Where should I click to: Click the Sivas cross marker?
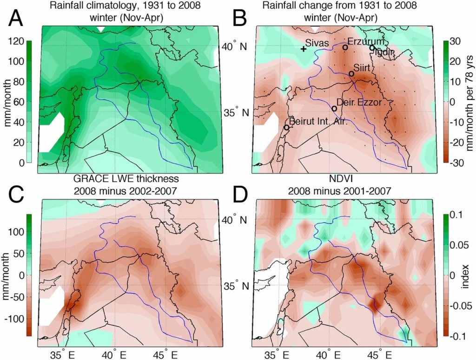[303, 49]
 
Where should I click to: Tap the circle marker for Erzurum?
[345, 47]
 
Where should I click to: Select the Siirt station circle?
[351, 74]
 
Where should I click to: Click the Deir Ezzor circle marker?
[334, 108]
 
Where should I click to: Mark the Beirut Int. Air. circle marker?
[286, 127]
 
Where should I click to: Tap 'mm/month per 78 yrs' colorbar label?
[469, 102]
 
